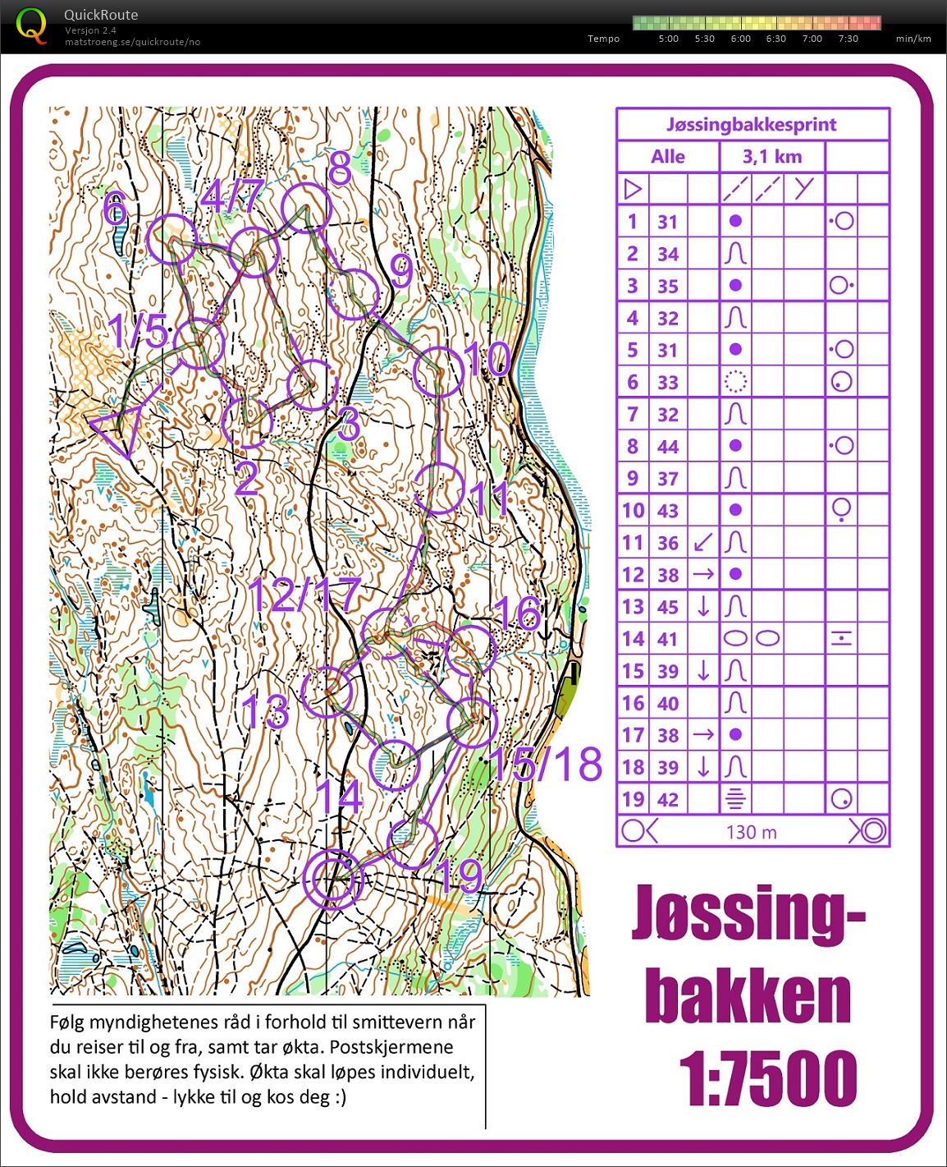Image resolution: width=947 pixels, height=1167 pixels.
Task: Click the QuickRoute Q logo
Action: point(31,25)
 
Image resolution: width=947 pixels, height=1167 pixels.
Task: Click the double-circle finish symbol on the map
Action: point(332,880)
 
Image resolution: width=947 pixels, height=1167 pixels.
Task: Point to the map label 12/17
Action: point(304,595)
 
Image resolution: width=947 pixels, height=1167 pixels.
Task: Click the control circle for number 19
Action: point(412,843)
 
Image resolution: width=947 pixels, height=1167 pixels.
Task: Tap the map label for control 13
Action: point(265,711)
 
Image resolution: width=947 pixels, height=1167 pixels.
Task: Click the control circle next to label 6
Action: point(173,238)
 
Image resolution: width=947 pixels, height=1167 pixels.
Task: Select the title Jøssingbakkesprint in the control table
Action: point(751,125)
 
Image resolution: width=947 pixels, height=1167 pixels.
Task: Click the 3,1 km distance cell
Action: point(771,157)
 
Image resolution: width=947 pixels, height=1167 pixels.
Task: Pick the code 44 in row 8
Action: point(668,447)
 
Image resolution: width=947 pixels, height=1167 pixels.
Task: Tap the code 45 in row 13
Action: point(668,607)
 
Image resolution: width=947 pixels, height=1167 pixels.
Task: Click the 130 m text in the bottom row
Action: point(751,832)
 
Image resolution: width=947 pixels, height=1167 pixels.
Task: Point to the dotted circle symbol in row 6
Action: point(735,382)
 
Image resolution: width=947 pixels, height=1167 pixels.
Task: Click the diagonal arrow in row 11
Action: point(702,543)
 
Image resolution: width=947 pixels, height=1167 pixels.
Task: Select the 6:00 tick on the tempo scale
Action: point(740,39)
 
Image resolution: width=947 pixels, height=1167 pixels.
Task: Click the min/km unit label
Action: point(913,39)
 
